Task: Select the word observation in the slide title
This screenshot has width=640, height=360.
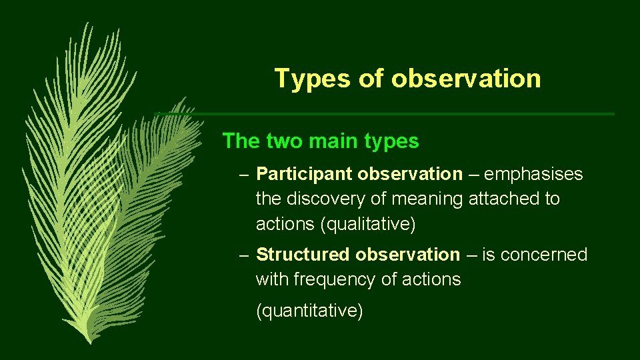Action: click(x=466, y=79)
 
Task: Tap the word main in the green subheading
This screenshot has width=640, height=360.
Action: click(x=331, y=141)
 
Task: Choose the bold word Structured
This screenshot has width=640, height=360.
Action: click(x=303, y=255)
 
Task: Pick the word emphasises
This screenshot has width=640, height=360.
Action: click(x=533, y=175)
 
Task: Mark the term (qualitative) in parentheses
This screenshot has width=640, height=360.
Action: click(x=368, y=225)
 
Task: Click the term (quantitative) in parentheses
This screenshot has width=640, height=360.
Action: click(x=309, y=311)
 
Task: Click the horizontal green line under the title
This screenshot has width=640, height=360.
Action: click(x=400, y=114)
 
